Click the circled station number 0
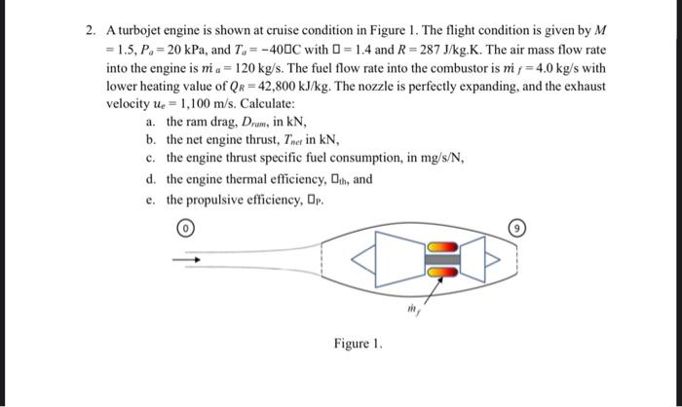184,231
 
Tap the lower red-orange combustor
441,272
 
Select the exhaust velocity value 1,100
186,103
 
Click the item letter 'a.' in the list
150,122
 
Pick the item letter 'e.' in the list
150,200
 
